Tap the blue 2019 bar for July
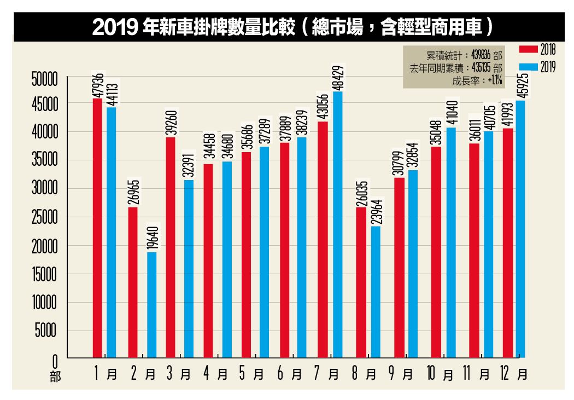coord(337,224)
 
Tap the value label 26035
coord(361,193)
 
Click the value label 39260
coord(171,123)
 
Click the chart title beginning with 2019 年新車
coord(289,27)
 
